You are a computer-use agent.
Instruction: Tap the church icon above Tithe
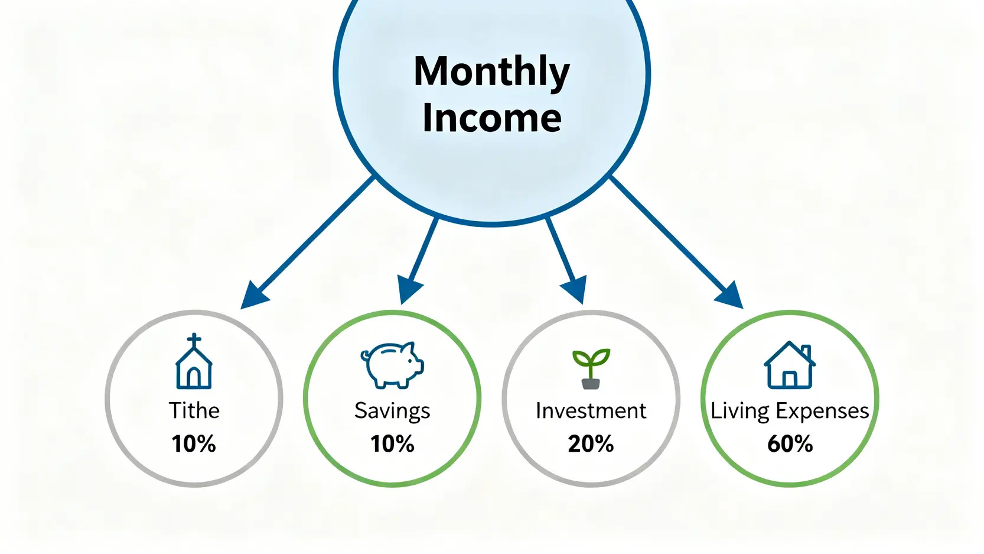click(194, 361)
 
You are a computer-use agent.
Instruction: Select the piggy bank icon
click(392, 365)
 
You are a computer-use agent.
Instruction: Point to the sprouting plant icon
click(591, 369)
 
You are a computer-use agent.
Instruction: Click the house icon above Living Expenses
click(790, 365)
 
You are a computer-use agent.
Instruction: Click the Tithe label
click(194, 411)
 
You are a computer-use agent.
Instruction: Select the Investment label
click(591, 411)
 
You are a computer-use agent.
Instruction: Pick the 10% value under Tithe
click(194, 443)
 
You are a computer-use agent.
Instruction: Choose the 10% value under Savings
click(392, 443)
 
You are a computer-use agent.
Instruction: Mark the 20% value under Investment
click(591, 443)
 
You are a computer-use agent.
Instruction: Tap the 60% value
click(790, 443)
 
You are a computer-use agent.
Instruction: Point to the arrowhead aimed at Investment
click(575, 290)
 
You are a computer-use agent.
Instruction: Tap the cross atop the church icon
click(194, 339)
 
